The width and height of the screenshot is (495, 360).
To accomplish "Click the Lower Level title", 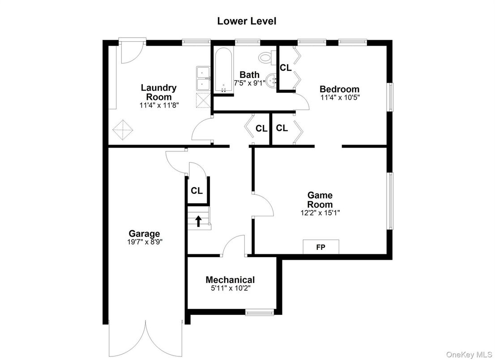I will (x=247, y=21).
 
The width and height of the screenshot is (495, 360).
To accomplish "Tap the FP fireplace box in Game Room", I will (x=321, y=247).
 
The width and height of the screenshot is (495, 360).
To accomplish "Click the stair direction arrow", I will (x=197, y=221).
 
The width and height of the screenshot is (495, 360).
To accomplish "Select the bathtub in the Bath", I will (x=223, y=71).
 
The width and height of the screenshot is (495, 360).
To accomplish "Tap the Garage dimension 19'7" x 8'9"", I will (x=144, y=242).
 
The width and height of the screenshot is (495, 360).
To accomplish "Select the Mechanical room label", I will (x=230, y=280).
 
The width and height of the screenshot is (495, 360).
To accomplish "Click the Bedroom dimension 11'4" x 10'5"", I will (x=339, y=97).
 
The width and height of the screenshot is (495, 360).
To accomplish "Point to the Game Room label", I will (x=320, y=200).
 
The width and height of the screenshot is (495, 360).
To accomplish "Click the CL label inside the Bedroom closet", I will (x=286, y=68).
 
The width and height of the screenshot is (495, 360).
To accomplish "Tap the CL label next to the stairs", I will (x=196, y=190).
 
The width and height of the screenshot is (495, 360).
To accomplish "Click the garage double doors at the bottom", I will (x=145, y=338).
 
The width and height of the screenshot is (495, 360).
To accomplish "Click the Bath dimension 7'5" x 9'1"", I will (x=249, y=83).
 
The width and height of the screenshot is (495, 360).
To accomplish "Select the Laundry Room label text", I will (x=158, y=92).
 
